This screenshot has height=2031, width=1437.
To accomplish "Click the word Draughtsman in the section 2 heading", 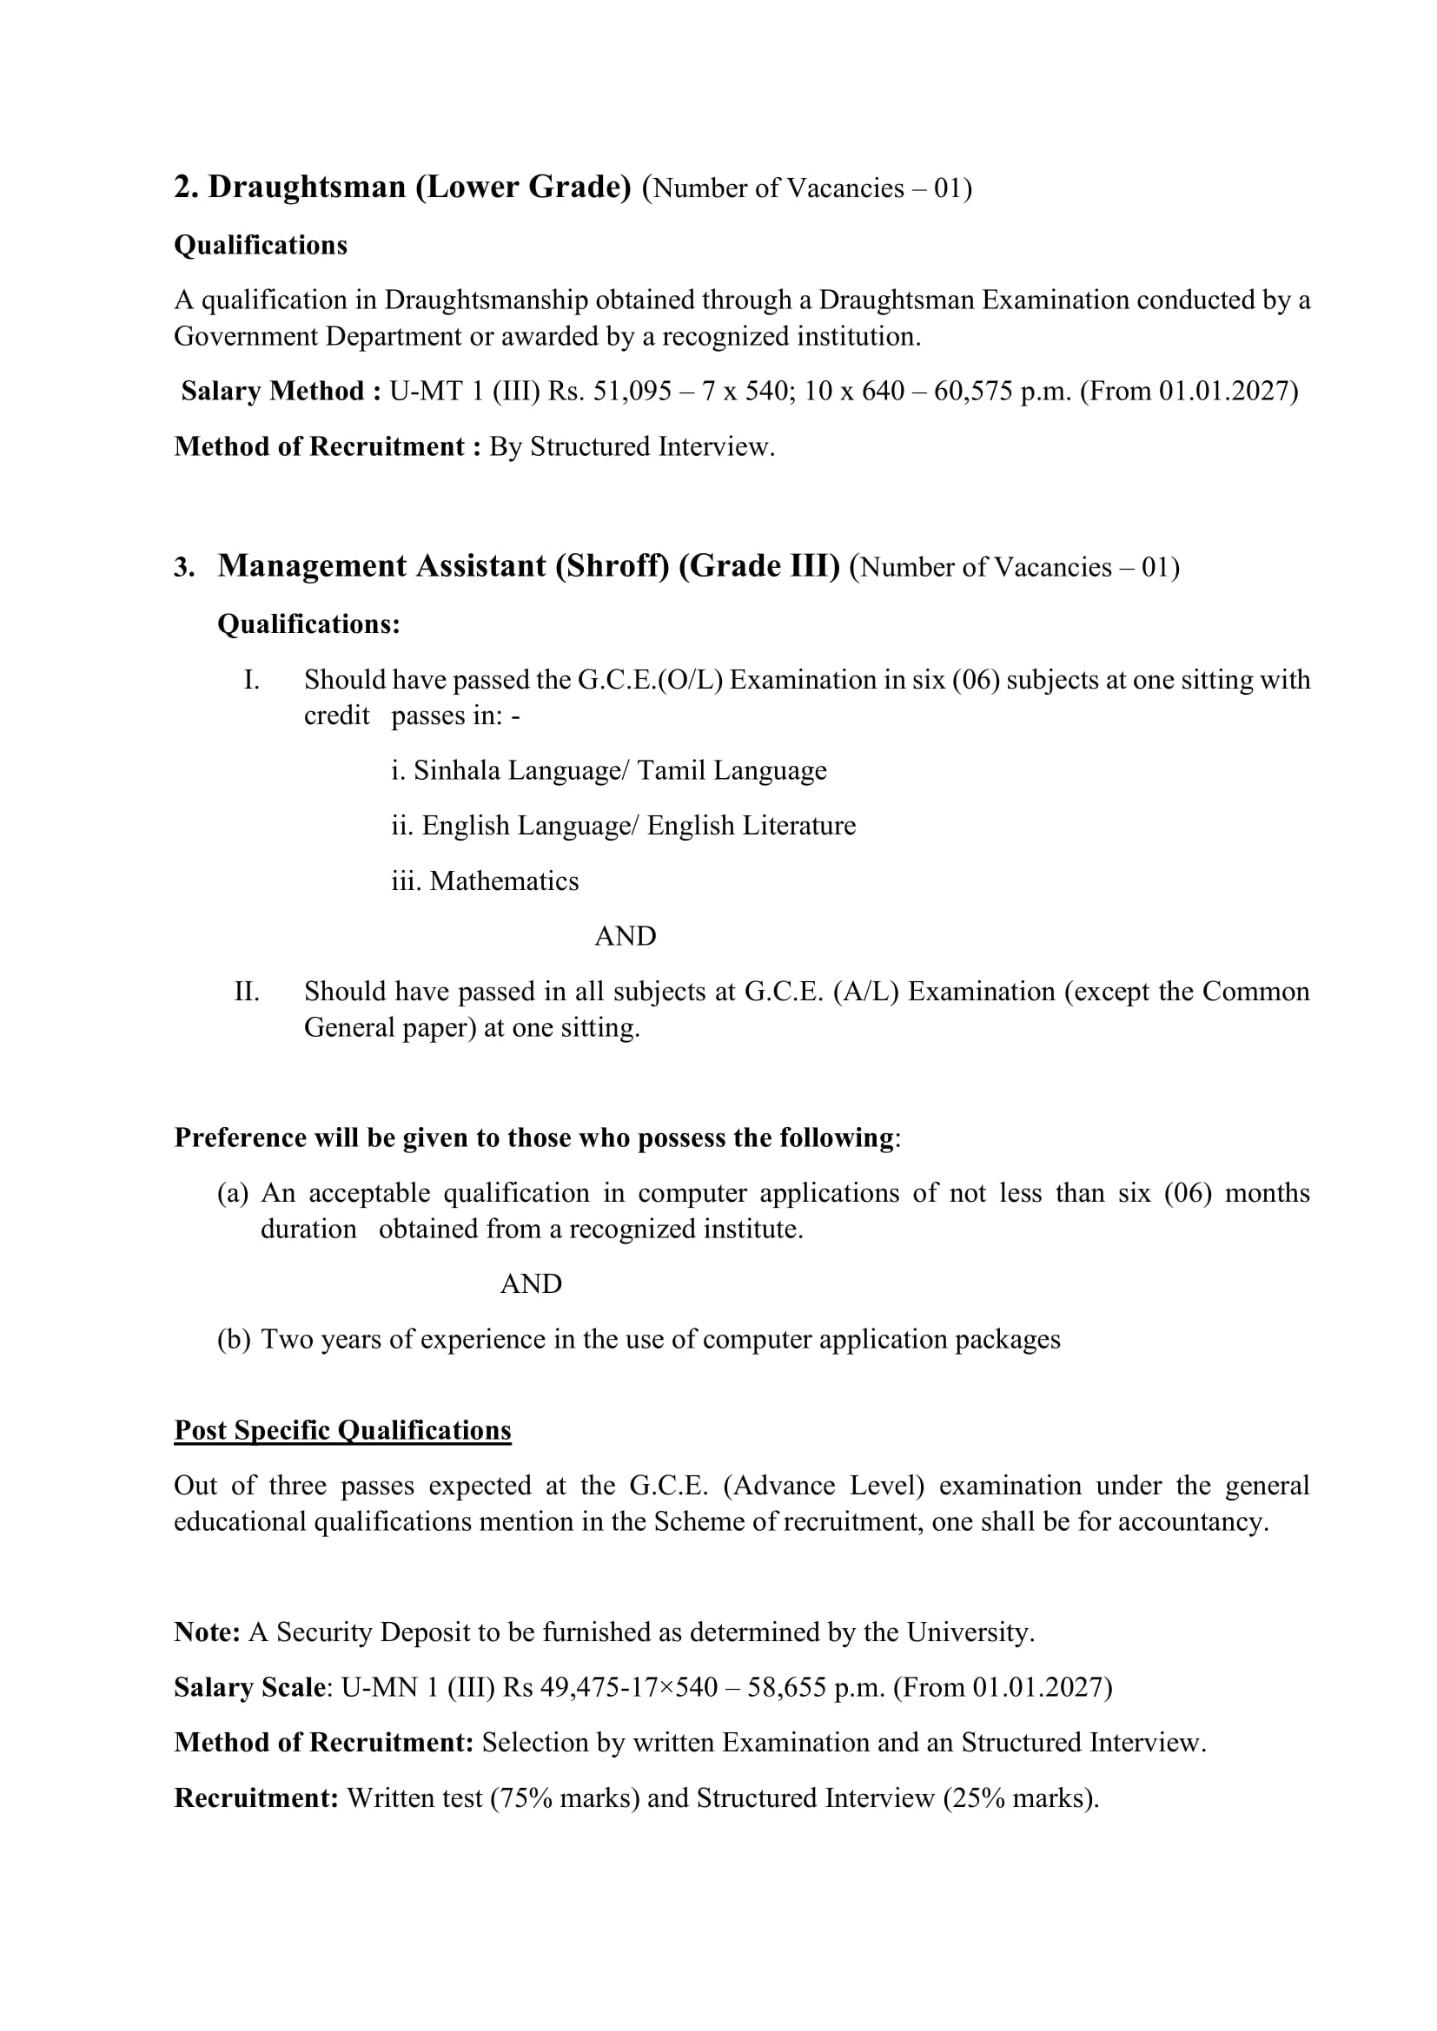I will [306, 188].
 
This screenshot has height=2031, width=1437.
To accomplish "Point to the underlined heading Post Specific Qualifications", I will [342, 1430].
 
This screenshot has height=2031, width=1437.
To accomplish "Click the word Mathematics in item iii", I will [504, 881].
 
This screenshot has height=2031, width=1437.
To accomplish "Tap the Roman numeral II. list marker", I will [247, 992].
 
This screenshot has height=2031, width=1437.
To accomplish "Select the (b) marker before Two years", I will [234, 1339].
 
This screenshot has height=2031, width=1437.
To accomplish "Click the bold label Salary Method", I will [273, 391].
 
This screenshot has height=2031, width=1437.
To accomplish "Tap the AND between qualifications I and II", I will [625, 936].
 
